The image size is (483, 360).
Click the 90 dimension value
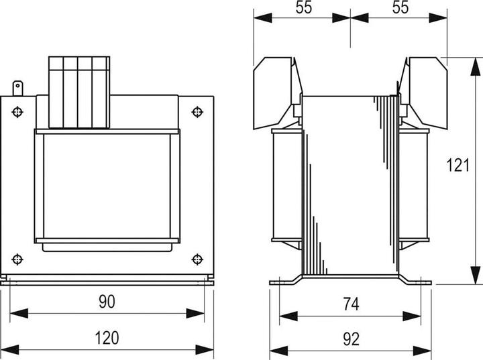[x=106, y=302]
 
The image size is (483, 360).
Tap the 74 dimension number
[x=350, y=304]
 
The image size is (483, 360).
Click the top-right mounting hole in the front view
[x=197, y=111]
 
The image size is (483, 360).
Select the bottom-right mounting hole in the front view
[x=197, y=259]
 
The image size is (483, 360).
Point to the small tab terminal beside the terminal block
[x=18, y=88]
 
